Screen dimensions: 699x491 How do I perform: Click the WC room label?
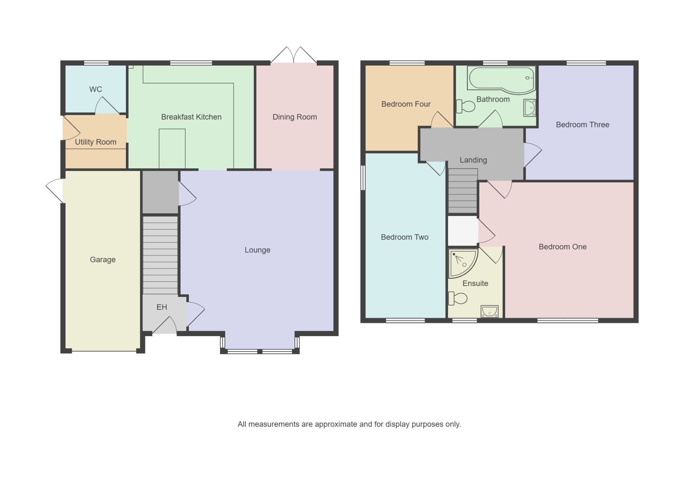point(95,89)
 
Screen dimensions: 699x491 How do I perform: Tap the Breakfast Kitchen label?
point(191,117)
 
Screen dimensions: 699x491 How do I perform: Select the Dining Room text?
point(295,117)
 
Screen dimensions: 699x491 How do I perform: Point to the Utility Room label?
point(95,142)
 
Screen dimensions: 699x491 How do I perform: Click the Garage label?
point(103,260)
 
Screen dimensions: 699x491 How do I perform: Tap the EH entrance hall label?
point(162,307)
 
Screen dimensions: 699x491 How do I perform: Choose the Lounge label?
point(257,250)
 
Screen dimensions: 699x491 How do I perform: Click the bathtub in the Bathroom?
point(502,79)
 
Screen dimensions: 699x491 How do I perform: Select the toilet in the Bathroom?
point(466,106)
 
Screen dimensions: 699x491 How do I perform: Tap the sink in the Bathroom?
point(529,108)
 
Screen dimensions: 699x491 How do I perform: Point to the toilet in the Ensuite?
point(458,298)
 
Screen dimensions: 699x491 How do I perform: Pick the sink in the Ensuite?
point(489,311)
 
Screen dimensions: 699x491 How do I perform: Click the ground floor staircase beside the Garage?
point(160,255)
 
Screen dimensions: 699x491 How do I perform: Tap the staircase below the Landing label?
point(463,191)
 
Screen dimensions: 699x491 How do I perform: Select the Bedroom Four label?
point(406,104)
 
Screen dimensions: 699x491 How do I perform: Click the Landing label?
point(473,160)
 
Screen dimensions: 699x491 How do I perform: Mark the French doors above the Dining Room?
point(293,55)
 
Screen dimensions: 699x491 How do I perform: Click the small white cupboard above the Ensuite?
point(463,231)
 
